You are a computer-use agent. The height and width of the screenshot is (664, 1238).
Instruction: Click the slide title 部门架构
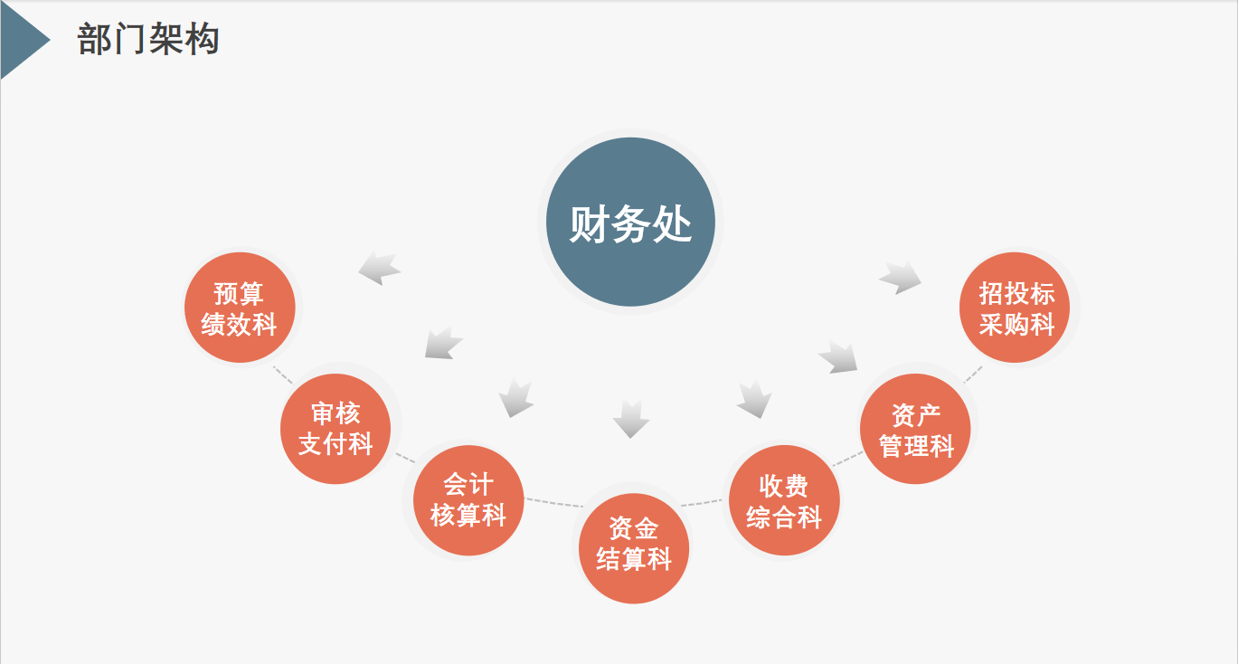(x=148, y=40)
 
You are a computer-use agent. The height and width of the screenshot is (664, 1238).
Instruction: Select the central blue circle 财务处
(x=630, y=223)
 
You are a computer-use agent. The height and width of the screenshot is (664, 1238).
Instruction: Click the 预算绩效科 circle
(x=240, y=308)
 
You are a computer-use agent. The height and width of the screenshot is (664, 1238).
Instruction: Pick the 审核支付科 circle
(x=335, y=429)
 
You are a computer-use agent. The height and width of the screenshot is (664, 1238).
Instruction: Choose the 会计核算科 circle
(x=468, y=500)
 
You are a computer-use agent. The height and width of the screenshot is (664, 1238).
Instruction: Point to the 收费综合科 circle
(x=784, y=501)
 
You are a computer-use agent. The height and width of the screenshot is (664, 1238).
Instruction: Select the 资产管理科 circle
(x=916, y=430)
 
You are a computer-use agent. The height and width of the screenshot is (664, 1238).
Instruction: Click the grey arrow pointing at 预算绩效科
(x=380, y=268)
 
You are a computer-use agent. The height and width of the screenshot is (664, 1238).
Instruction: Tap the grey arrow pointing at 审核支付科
(x=443, y=343)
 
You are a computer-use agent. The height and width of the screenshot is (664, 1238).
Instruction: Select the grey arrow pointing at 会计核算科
(x=516, y=398)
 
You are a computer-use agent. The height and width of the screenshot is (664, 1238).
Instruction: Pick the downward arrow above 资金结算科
(x=630, y=417)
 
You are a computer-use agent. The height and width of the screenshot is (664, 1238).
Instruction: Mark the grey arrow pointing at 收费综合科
(x=753, y=399)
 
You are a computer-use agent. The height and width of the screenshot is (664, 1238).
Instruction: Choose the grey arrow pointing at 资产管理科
(x=839, y=356)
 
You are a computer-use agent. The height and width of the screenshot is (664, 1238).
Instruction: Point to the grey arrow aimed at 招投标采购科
(x=901, y=278)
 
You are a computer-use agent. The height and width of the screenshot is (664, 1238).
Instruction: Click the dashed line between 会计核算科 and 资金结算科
(x=553, y=502)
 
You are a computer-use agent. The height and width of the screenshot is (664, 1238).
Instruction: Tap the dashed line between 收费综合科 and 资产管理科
(x=847, y=460)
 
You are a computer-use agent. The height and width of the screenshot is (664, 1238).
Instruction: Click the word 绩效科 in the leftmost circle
(x=240, y=325)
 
